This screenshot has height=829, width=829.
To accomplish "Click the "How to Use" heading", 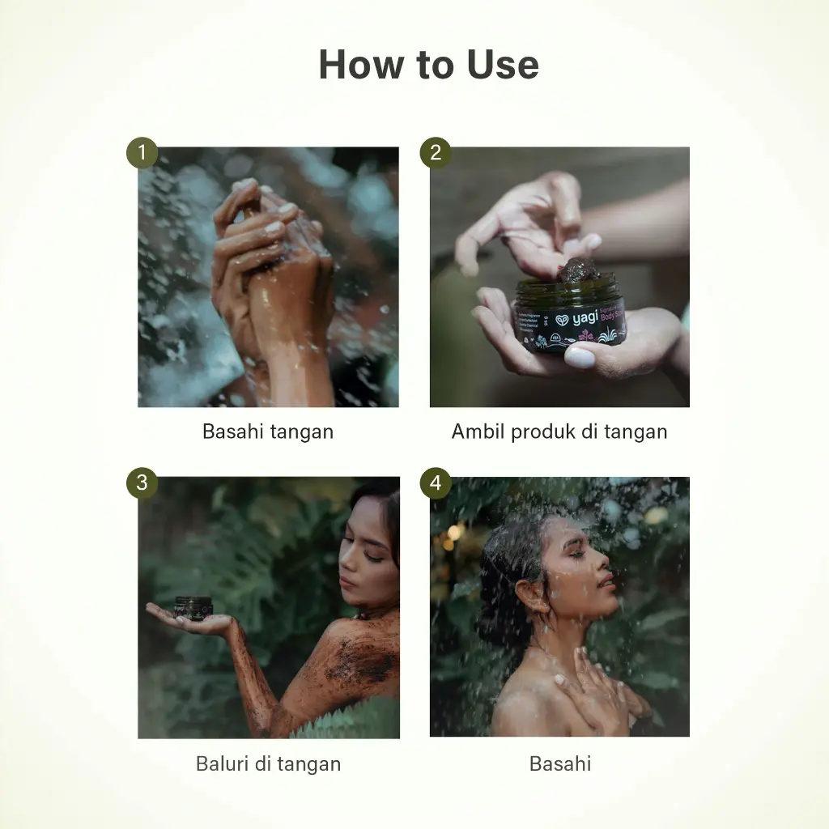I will point(428,65).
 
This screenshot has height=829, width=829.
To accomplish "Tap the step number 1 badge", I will point(142,152).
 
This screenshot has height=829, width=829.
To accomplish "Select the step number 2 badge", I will point(436,152).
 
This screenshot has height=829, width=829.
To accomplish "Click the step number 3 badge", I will point(142,483).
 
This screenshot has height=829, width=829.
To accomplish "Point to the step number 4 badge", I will point(436,483).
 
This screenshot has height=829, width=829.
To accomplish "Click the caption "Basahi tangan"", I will point(267,432).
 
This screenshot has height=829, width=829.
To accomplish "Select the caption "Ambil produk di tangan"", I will point(559,432).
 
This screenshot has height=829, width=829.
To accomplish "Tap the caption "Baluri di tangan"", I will point(268,763).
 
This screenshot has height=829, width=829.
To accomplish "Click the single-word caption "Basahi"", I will point(559,763).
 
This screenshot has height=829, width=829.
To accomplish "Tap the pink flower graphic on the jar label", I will point(585,333).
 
